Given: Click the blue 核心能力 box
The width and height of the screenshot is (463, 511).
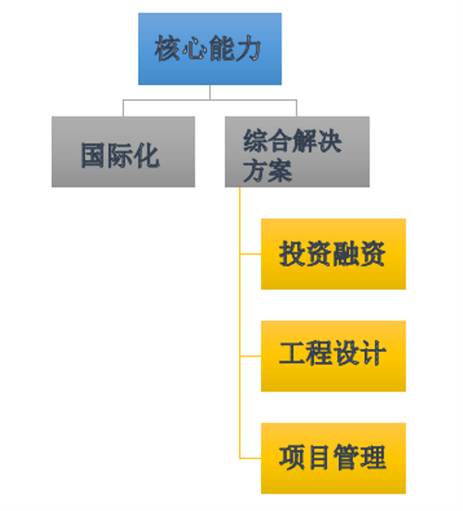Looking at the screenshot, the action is click(209, 49).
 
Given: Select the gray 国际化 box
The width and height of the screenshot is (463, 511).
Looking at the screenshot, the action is click(123, 152).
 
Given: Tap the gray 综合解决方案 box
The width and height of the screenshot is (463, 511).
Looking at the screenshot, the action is click(297, 152).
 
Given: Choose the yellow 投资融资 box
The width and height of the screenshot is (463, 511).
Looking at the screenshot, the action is click(333, 254).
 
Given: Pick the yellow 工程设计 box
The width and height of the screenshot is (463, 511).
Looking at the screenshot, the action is click(333, 356).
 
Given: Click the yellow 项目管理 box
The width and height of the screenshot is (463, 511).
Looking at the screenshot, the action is click(333, 458).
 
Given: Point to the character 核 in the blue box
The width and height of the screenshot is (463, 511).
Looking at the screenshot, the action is click(168, 48).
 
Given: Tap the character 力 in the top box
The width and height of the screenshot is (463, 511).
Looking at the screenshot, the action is click(248, 48).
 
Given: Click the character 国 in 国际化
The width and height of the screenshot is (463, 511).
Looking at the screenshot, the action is click(94, 156).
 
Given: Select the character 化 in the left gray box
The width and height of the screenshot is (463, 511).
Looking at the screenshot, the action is click(147, 156).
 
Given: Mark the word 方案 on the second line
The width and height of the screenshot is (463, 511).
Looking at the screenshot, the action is click(268, 170).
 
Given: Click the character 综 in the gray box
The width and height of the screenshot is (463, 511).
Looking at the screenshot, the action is click(256, 141).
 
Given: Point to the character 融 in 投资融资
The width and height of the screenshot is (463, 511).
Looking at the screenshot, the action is click(345, 254).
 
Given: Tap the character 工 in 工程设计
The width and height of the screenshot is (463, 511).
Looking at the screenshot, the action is click(292, 353).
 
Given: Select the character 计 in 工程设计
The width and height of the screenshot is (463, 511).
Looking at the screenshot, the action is click(373, 353).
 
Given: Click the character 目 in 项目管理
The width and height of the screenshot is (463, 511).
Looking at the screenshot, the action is click(319, 457).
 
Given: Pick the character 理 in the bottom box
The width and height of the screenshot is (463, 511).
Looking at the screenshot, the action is click(373, 457).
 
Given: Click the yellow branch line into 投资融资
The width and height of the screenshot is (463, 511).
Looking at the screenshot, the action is click(250, 254).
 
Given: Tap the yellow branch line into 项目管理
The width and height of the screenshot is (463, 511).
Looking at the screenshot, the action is click(250, 458).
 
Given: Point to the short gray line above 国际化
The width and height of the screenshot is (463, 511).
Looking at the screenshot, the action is click(123, 108).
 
